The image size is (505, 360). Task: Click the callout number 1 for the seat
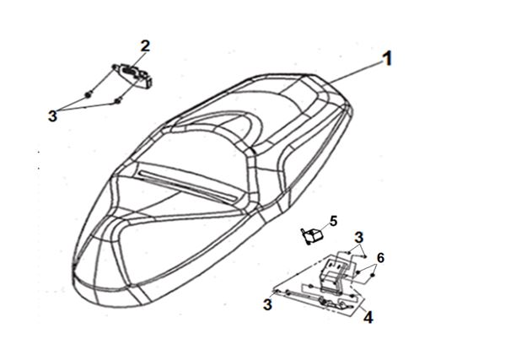click(387, 59)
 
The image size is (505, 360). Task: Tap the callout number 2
click(145, 46)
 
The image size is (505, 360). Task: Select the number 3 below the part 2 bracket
click(52, 116)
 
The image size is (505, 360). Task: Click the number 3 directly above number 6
click(359, 237)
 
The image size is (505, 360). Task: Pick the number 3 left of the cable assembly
click(267, 304)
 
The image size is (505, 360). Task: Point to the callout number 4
click(368, 317)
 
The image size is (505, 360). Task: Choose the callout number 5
click(333, 221)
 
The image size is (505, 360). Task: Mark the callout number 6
click(380, 258)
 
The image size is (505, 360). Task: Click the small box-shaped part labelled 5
click(312, 236)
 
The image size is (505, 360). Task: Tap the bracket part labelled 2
click(135, 75)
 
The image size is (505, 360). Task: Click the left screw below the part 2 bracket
click(88, 94)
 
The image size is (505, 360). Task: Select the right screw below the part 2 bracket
click(118, 101)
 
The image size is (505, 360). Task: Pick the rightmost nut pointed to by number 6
click(373, 276)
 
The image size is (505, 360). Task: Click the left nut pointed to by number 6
click(357, 272)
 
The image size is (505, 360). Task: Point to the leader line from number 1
click(357, 73)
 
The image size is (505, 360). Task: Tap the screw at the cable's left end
click(277, 292)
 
